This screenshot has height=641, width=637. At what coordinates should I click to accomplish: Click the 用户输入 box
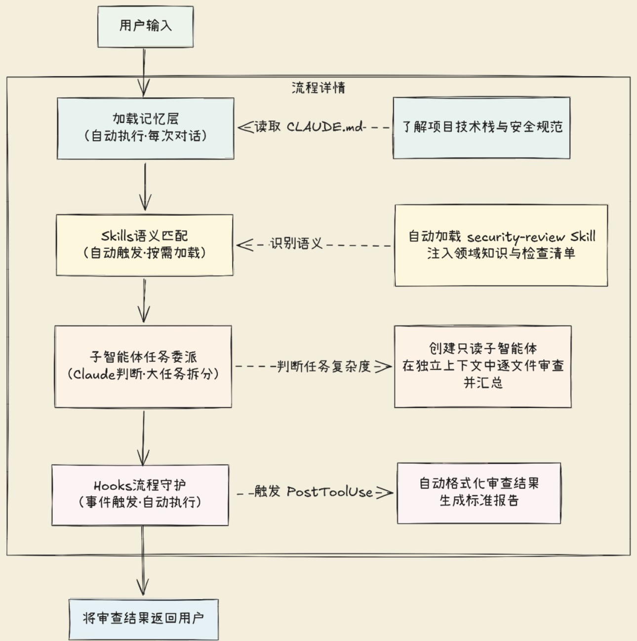pyautogui.click(x=145, y=27)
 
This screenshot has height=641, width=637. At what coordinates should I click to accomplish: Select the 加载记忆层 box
pyautogui.click(x=145, y=128)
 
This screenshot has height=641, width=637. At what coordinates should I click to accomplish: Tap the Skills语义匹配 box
pyautogui.click(x=144, y=245)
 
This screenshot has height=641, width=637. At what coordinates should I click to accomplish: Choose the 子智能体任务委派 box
pyautogui.click(x=143, y=366)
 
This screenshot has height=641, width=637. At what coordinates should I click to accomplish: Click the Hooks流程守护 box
pyautogui.click(x=140, y=495)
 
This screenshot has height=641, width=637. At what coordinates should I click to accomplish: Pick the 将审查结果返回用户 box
pyautogui.click(x=144, y=619)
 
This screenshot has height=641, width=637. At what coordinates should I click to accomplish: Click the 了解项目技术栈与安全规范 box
pyautogui.click(x=481, y=128)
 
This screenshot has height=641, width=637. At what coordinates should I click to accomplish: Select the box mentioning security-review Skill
pyautogui.click(x=501, y=245)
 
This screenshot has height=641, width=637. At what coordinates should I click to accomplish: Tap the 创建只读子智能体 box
pyautogui.click(x=482, y=366)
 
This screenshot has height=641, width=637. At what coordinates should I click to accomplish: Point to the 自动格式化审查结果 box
pyautogui.click(x=478, y=493)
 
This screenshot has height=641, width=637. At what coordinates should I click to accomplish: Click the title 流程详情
pyautogui.click(x=318, y=88)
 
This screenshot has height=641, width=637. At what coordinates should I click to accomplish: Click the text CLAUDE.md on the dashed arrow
pyautogui.click(x=324, y=127)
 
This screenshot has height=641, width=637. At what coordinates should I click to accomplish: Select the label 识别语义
pyautogui.click(x=296, y=243)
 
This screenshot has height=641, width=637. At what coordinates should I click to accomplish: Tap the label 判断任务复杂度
pyautogui.click(x=323, y=366)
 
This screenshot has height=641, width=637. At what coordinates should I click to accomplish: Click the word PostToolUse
pyautogui.click(x=330, y=492)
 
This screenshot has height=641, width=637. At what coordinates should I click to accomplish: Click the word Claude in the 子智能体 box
pyautogui.click(x=94, y=374)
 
